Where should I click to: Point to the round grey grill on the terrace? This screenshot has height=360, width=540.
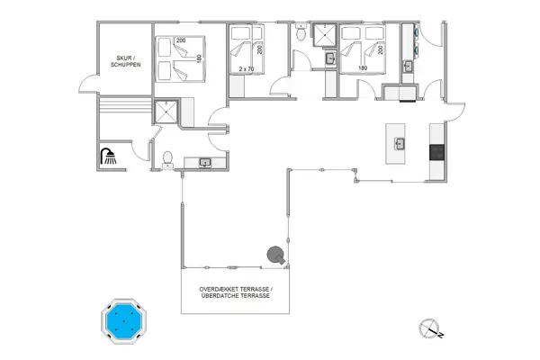coord(275,256)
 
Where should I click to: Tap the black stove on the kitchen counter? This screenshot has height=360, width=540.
coord(437,151)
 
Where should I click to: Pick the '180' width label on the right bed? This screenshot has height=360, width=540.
coord(363,68)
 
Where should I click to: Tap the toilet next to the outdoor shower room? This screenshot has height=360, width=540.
coord(167,158)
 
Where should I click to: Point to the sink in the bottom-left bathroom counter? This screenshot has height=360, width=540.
coord(205,162)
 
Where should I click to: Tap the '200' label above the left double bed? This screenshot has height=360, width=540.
coord(180,40)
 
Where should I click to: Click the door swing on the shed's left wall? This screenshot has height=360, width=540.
coord(86,85)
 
